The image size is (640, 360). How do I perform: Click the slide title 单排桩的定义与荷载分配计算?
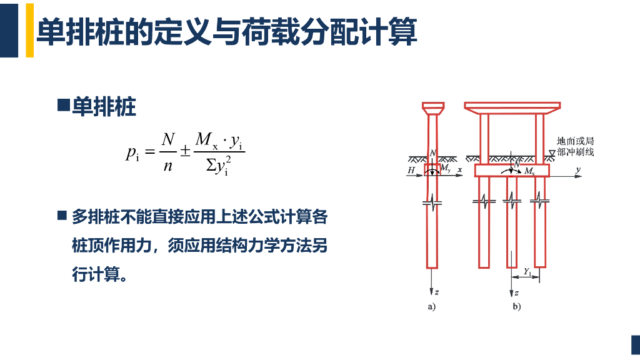[x=226, y=32]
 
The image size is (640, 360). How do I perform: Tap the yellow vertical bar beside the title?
[x=29, y=30]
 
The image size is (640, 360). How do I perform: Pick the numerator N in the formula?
[x=167, y=139]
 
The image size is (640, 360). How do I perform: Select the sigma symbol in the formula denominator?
[x=211, y=167]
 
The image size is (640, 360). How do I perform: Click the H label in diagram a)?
[x=411, y=170]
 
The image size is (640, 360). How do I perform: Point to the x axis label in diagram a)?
[x=459, y=169]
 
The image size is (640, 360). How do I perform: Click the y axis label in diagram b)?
[x=578, y=169]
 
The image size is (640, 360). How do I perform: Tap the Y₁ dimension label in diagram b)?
[x=528, y=271]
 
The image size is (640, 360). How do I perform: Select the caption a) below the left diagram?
[x=431, y=306]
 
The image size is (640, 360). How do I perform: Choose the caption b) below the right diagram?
[x=516, y=306]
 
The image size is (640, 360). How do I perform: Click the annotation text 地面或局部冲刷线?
[x=575, y=146]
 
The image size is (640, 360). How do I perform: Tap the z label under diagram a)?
[x=436, y=291]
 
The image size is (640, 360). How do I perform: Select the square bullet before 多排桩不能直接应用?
[x=62, y=216]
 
